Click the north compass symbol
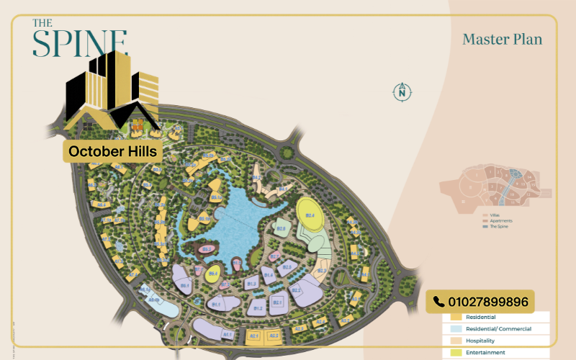[402, 91]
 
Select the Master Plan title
[502, 39]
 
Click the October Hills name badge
[112, 152]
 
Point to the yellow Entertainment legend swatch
[455, 352]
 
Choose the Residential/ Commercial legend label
[498, 328]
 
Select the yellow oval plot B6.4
[212, 274]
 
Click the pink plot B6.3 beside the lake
[206, 249]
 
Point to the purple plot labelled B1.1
[215, 305]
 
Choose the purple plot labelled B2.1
[277, 302]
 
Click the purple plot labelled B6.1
[184, 285]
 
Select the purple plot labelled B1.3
[251, 284]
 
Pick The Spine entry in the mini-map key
[498, 227]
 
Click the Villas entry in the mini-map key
[495, 215]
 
